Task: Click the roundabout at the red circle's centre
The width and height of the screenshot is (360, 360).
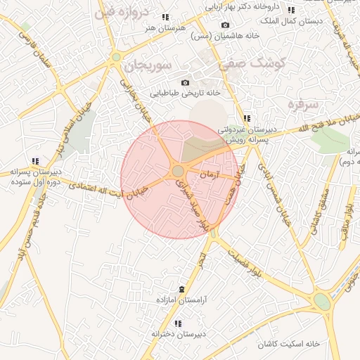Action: point(178,171)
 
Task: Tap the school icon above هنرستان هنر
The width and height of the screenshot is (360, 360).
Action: point(165,17)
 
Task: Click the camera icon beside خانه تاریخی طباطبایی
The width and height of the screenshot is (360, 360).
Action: point(185,82)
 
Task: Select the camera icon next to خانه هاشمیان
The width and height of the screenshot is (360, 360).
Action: point(225,25)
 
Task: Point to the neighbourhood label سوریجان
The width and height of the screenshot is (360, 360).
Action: point(148,67)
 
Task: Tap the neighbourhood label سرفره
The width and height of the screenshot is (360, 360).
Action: point(303,105)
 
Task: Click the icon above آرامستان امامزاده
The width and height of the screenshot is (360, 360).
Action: point(183,290)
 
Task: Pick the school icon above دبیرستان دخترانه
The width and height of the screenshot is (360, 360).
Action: point(177,324)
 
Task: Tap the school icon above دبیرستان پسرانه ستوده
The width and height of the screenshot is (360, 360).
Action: point(35,161)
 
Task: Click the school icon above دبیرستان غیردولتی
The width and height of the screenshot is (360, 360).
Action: point(246,118)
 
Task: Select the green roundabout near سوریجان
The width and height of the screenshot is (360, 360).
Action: point(115,57)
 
